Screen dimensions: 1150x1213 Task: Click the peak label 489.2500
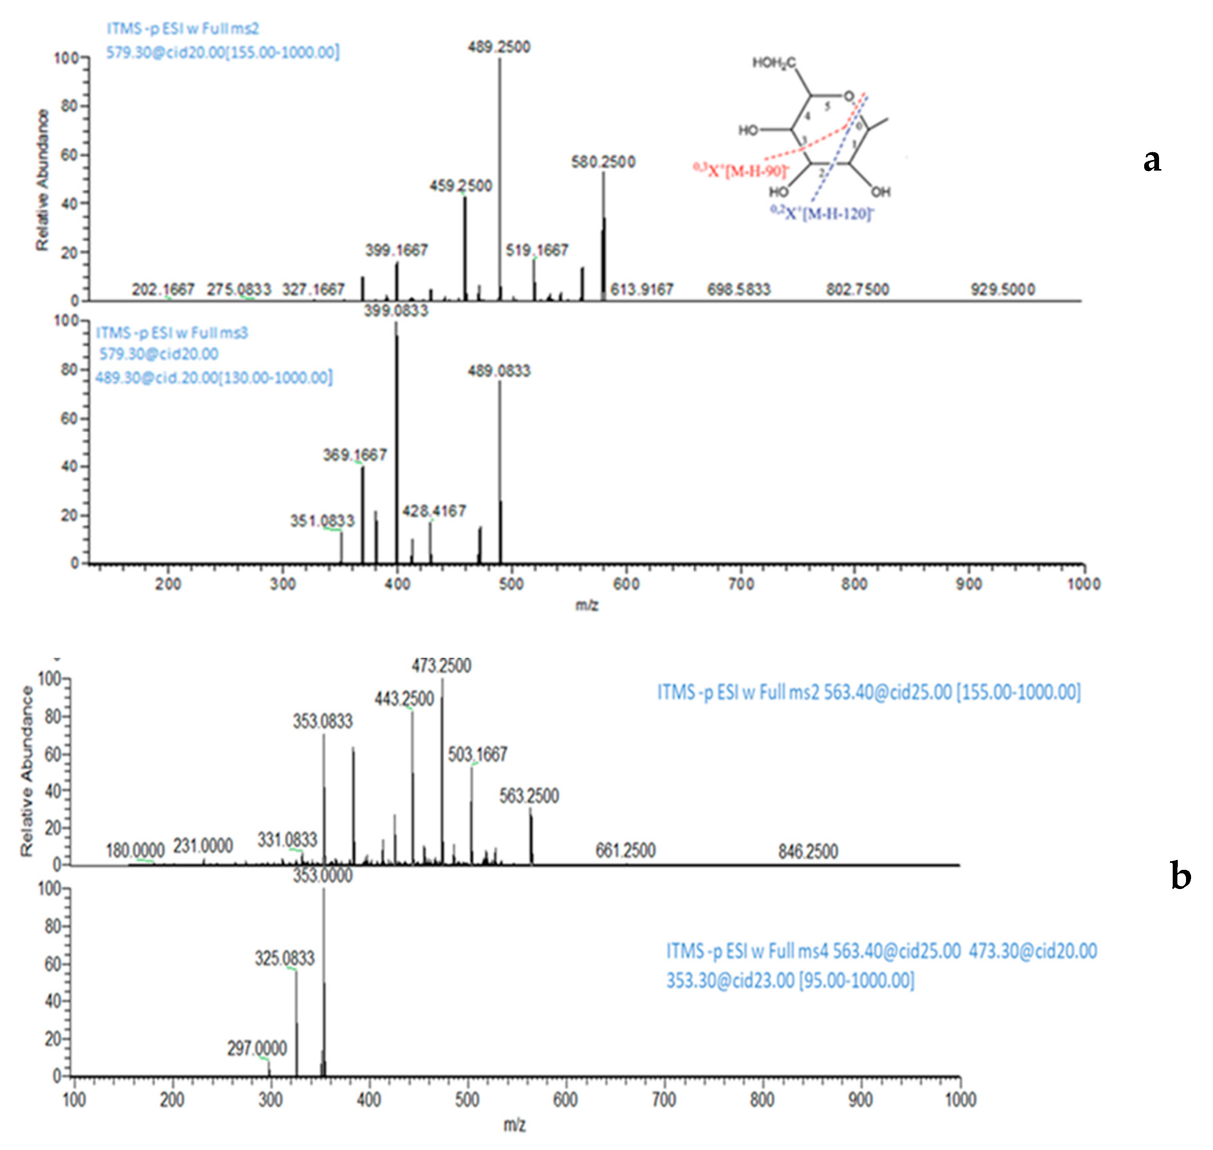click(x=499, y=47)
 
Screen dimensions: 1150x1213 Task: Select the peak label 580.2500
click(x=603, y=162)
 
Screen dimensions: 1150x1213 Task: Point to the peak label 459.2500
click(x=460, y=186)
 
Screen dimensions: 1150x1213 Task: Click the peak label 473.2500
click(x=441, y=666)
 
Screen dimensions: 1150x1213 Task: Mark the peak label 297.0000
click(x=257, y=1049)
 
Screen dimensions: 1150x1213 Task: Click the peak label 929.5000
click(x=1003, y=289)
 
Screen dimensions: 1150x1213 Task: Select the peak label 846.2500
click(x=808, y=851)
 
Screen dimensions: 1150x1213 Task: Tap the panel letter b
click(x=1181, y=876)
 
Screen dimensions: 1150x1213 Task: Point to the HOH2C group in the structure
click(x=773, y=63)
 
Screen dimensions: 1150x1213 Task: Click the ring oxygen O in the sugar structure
click(x=848, y=96)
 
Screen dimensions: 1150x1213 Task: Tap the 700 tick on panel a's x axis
click(x=740, y=583)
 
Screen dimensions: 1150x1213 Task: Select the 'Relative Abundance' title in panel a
click(x=42, y=180)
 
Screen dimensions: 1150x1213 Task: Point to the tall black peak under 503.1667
click(x=471, y=815)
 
